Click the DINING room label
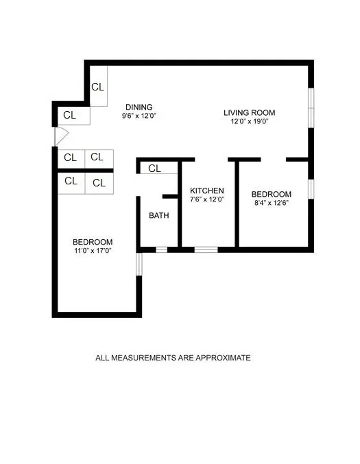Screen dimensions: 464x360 point(139,107)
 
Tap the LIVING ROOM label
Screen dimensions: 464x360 point(249,112)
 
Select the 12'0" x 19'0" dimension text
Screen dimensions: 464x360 point(249,122)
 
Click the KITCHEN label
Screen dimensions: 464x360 point(207,191)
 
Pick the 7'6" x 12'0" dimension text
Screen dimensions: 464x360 point(207,199)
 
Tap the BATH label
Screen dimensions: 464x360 point(159,215)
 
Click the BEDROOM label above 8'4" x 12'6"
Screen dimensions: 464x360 point(272,194)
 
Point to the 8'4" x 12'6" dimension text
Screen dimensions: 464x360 point(272,203)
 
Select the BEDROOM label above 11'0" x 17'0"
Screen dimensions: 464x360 point(93,242)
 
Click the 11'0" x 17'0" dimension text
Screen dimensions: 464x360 point(93,251)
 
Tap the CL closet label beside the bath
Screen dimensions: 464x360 point(154,169)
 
